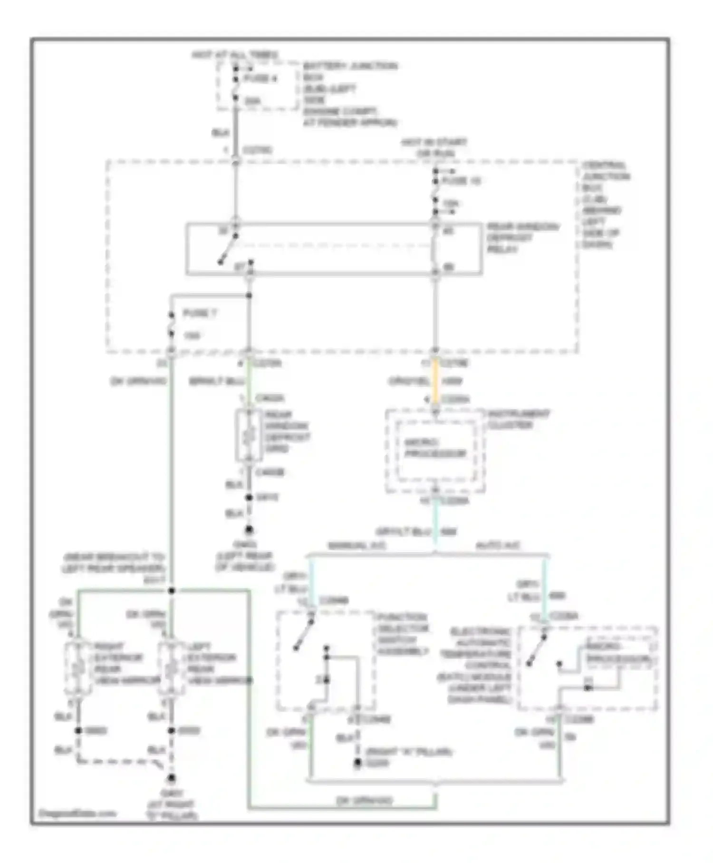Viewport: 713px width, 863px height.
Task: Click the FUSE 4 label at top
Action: pos(260,78)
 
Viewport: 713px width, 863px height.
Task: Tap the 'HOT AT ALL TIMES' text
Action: pos(235,55)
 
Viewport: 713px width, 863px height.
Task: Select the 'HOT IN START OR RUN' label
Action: pos(434,147)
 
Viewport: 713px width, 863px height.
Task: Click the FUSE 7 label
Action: pos(199,314)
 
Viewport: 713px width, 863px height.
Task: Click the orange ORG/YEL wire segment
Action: pos(435,381)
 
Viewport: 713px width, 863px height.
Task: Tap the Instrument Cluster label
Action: pos(518,419)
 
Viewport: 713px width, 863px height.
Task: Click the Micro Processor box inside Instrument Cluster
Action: pos(435,448)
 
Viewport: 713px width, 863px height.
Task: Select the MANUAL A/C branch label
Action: pos(356,546)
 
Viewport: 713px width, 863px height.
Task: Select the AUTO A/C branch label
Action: pos(498,546)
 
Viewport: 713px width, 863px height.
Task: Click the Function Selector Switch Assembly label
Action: pos(403,634)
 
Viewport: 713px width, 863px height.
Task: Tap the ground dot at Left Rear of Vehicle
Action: pos(249,530)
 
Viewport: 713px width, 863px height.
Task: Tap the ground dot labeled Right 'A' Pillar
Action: pos(357,763)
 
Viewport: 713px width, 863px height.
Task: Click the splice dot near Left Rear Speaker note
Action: pos(172,590)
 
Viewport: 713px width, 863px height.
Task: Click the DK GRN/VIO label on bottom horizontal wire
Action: pos(364,801)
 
